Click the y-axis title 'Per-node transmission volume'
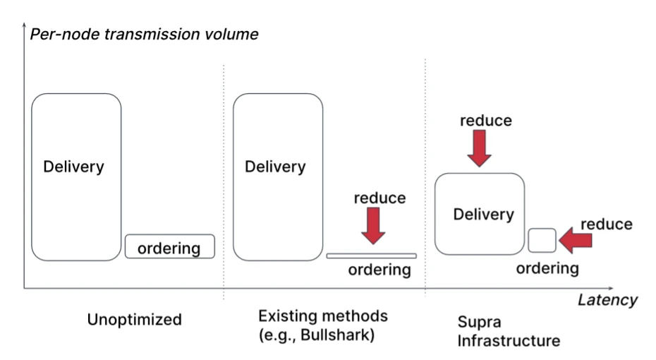(x=144, y=33)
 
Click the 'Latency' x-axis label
(x=607, y=299)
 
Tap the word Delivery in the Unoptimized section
(x=73, y=167)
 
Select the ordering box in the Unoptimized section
(x=169, y=246)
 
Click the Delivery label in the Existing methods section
(x=275, y=167)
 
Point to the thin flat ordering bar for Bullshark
(x=371, y=255)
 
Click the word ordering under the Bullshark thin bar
(x=379, y=270)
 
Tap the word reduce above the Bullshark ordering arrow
(x=379, y=198)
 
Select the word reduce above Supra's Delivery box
(x=485, y=120)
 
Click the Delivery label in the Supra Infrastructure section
(x=484, y=214)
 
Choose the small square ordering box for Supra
(x=542, y=241)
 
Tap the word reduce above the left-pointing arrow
(x=606, y=224)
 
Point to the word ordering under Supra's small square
(x=547, y=268)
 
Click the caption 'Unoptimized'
(x=134, y=320)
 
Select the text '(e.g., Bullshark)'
(x=316, y=335)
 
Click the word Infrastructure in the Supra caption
(x=509, y=342)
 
